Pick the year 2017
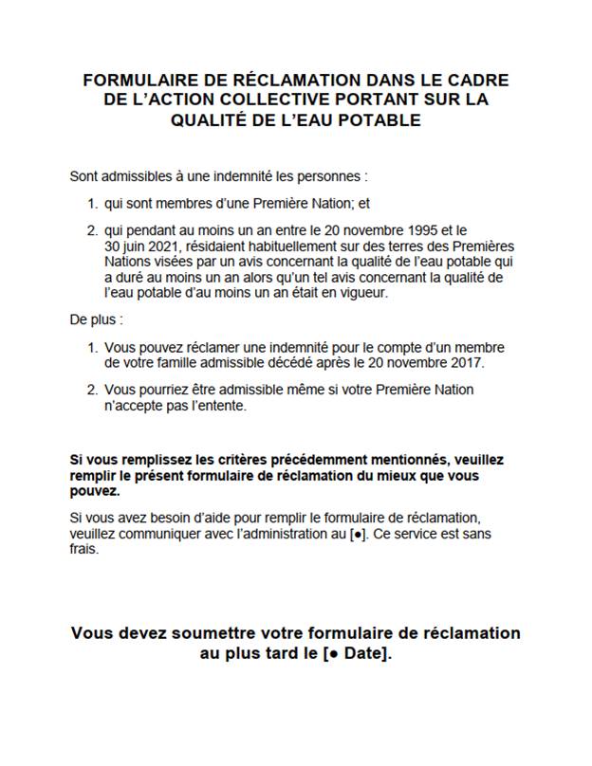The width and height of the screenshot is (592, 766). click(465, 361)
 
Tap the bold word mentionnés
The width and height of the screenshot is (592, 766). click(368, 460)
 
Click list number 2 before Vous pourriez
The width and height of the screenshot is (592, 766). click(92, 389)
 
